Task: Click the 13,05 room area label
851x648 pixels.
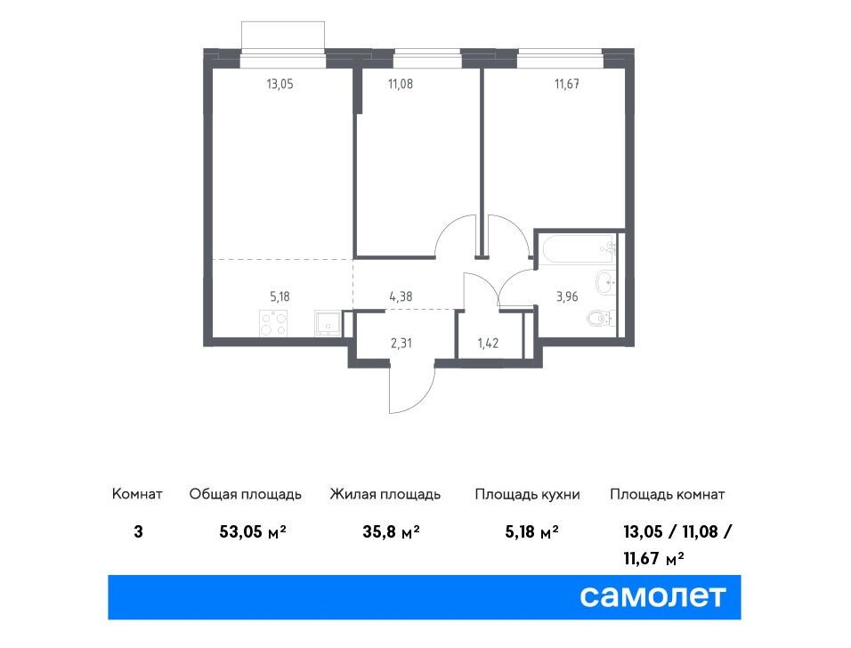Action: pos(280,85)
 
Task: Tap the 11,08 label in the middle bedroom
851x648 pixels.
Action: pos(400,85)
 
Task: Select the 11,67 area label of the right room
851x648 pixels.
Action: pos(567,85)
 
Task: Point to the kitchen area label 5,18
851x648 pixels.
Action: pos(280,296)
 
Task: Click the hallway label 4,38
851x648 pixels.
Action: pos(401,296)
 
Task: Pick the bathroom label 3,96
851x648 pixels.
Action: pos(567,296)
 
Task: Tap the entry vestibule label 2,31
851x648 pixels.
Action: pos(401,343)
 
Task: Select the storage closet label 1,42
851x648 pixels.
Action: pos(488,343)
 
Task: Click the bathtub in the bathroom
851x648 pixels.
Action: pos(578,249)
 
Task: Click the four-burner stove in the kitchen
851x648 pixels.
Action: pos(273,323)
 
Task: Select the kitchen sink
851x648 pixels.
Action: pos(328,323)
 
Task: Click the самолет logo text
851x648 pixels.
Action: pos(652,596)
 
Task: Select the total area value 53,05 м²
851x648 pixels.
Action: pos(253,532)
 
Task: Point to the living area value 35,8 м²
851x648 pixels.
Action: pos(391,532)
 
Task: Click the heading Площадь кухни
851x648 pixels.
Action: pos(527,495)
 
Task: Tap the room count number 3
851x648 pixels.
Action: pos(138,532)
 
